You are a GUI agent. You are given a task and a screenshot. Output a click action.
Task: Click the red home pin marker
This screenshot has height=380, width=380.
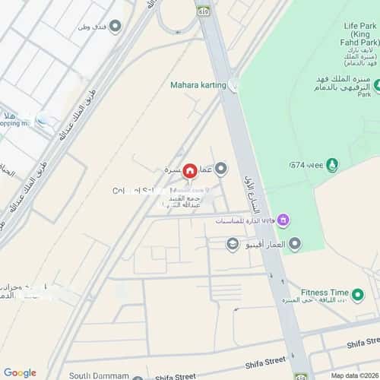coord(189,169)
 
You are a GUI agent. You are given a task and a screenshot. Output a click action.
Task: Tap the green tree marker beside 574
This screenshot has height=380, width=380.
coord(332,165)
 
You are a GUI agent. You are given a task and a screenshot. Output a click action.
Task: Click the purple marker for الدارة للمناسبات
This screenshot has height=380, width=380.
coord(283,221)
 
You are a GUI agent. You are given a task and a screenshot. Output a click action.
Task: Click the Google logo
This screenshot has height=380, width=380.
coord(20,372)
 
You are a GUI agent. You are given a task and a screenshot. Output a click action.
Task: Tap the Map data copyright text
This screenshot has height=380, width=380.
coord(352,375)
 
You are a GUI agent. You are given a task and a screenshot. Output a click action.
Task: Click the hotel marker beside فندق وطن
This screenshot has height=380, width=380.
coord(116,27)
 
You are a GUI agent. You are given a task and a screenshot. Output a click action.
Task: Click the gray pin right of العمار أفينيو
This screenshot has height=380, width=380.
coord(295,244)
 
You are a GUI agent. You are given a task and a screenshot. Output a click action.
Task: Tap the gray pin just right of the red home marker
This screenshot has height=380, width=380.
coord(221,169)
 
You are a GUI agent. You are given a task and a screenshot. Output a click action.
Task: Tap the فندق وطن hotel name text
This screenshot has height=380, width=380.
coord(92,27)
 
